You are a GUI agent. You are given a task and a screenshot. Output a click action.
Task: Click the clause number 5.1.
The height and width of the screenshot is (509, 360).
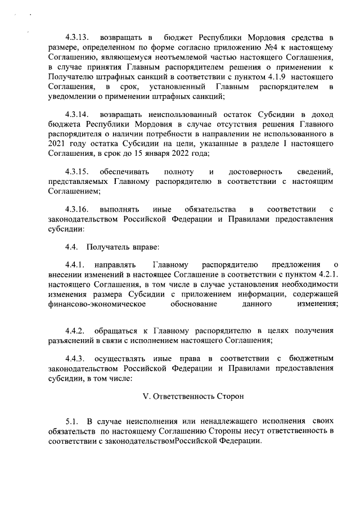(70, 421)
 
